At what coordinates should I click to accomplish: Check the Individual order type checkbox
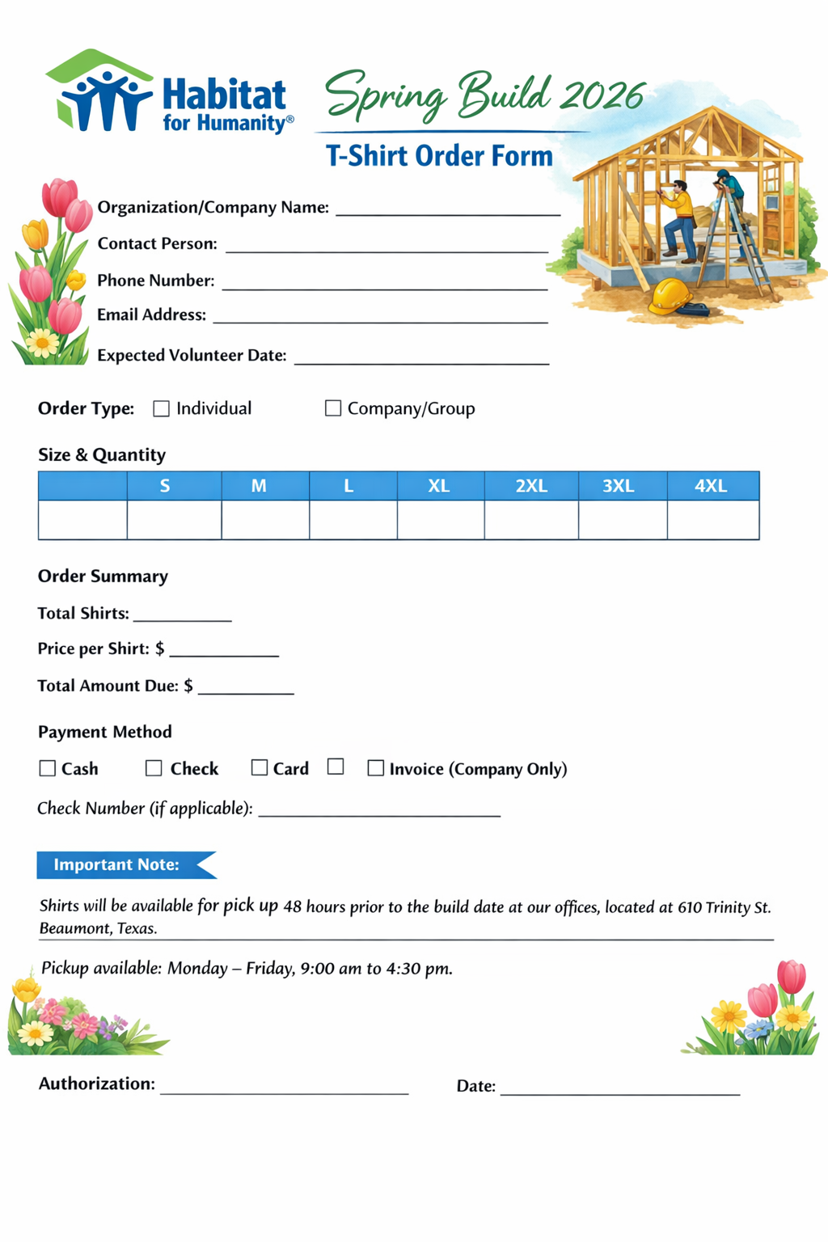pos(162,409)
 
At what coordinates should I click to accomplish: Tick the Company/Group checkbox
pos(332,408)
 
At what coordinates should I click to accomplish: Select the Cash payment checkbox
pos(48,768)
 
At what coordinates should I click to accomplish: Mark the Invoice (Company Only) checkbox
pos(375,768)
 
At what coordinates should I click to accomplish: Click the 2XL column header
pos(531,486)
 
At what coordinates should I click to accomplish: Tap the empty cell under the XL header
pos(441,520)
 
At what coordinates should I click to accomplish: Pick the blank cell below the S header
pos(174,520)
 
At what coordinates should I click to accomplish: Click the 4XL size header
pos(712,486)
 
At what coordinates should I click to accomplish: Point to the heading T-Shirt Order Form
pos(439,155)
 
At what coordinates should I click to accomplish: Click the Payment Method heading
pos(105,732)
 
